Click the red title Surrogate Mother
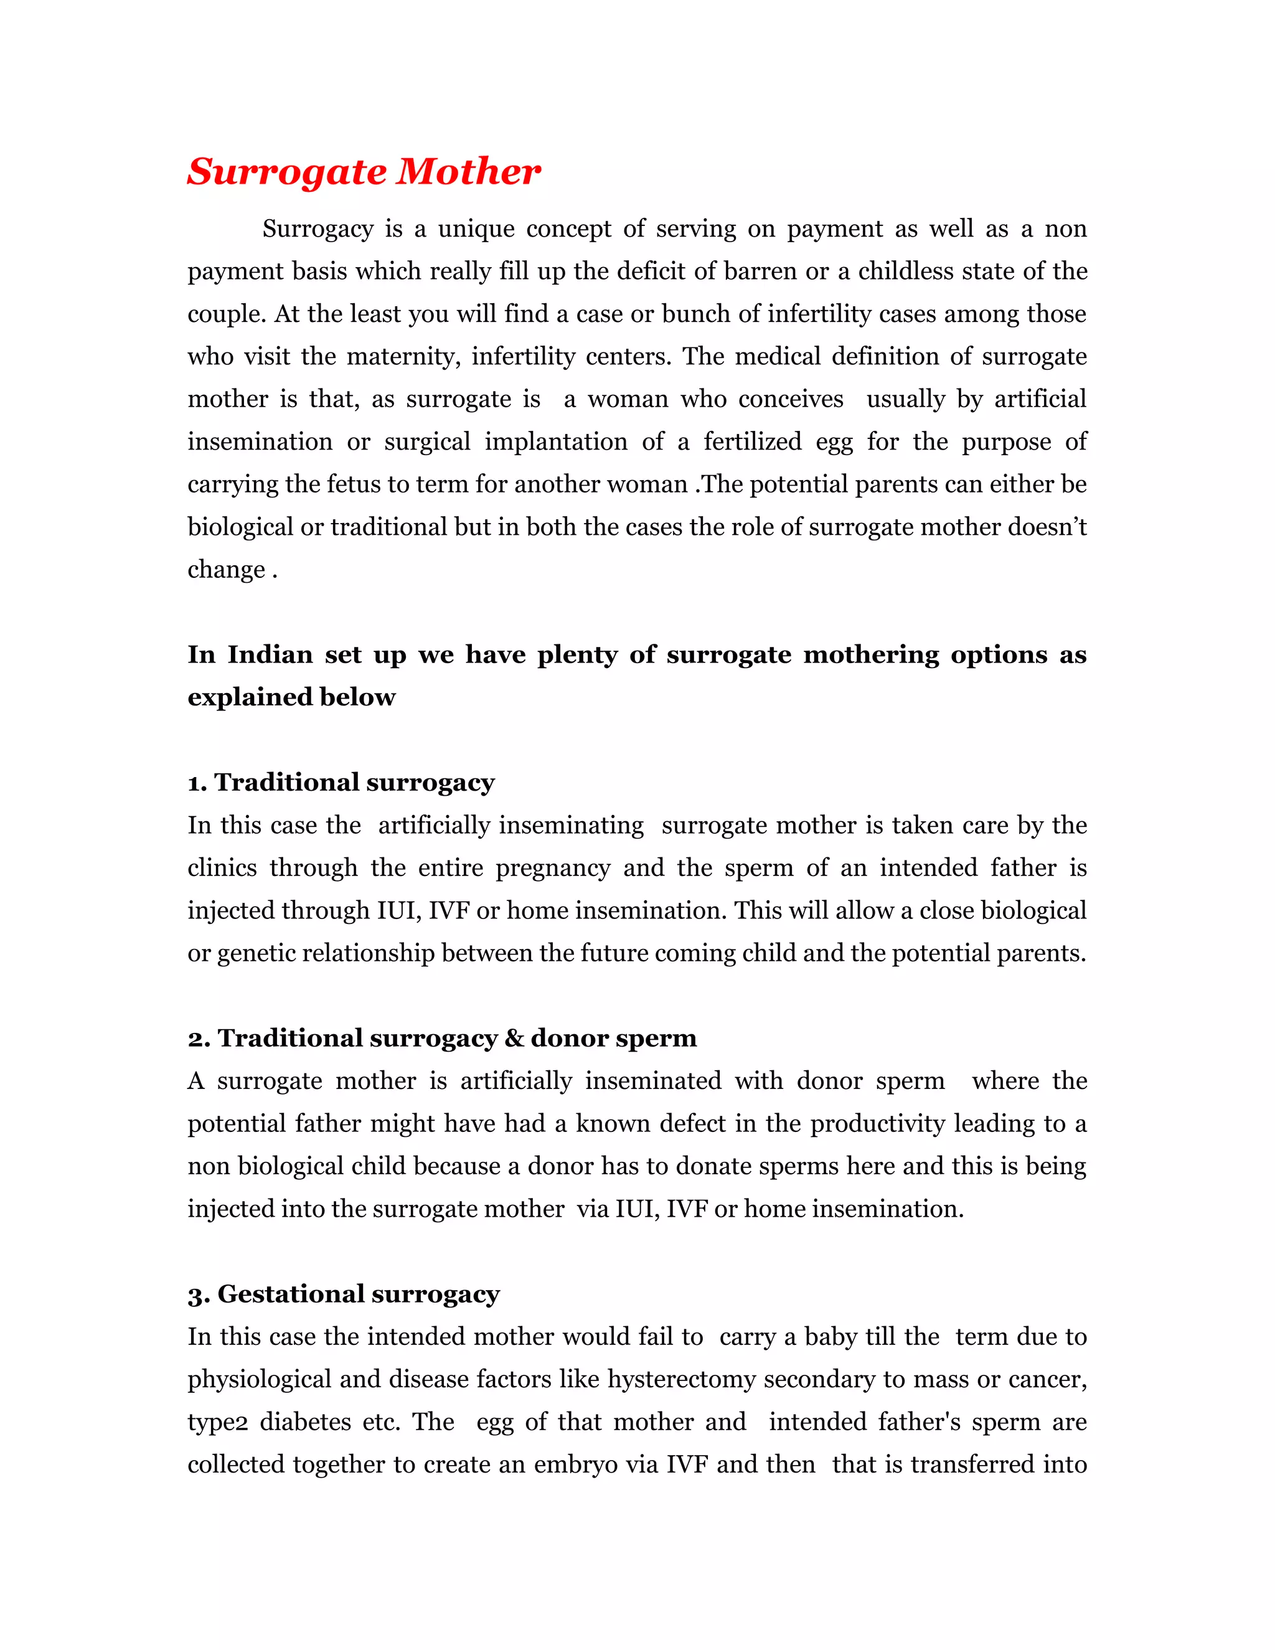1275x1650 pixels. [364, 172]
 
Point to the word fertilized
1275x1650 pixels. [752, 442]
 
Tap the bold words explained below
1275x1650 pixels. [291, 697]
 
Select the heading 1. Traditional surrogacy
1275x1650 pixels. [341, 783]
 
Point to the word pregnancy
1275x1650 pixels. [552, 868]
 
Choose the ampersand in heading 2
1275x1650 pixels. [514, 1039]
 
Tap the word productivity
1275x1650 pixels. [877, 1124]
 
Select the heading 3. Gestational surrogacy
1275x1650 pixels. [344, 1294]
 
